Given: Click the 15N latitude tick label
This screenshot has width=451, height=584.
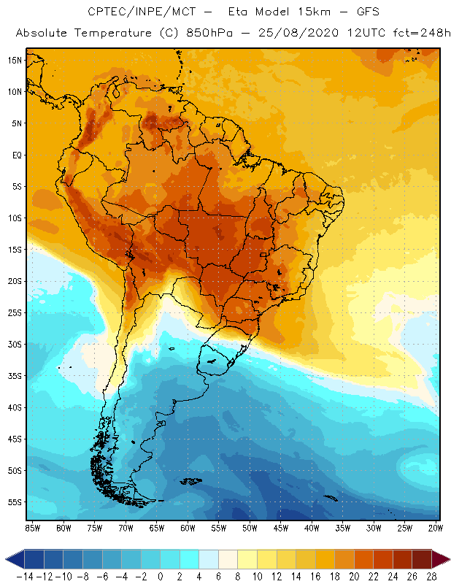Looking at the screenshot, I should [x=14, y=60].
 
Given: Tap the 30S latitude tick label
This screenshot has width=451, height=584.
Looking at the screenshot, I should [x=14, y=344].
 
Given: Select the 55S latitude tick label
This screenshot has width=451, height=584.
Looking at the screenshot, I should [x=14, y=502].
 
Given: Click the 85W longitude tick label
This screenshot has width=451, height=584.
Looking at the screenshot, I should [x=32, y=528].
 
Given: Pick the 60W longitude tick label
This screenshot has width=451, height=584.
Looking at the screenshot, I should [x=188, y=528].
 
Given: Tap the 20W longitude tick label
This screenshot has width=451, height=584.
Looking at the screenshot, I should [x=436, y=528].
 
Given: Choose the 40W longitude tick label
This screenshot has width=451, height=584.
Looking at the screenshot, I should [x=312, y=528].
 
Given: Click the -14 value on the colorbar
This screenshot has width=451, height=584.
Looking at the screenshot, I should [x=23, y=576].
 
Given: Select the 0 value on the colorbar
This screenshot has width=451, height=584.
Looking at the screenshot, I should [x=161, y=576].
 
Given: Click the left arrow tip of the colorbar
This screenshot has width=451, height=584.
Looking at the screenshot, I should [x=7, y=558].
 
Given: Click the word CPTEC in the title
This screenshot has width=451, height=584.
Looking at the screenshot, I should [x=104, y=12].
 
